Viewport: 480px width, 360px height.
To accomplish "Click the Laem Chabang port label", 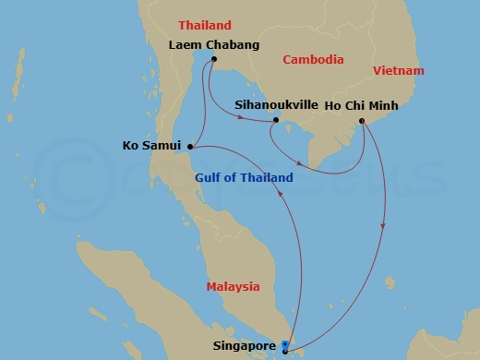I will (x=214, y=43).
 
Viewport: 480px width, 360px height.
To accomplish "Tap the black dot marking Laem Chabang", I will (x=213, y=61).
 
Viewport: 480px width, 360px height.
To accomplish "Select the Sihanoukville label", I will (x=275, y=105).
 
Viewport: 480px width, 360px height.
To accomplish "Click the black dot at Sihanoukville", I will (x=276, y=120).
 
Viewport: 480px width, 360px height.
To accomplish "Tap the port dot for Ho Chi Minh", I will (x=361, y=120).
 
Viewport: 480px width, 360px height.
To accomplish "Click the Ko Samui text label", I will (x=153, y=145).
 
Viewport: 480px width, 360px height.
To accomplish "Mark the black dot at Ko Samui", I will (x=190, y=145).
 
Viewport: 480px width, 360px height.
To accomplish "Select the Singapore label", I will (x=246, y=346).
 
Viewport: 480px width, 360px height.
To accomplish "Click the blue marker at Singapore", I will (x=285, y=346).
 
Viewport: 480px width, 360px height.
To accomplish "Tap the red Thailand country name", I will (x=204, y=25).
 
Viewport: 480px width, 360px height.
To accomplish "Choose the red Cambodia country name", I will (x=313, y=60).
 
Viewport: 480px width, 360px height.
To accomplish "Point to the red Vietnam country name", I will (x=398, y=71).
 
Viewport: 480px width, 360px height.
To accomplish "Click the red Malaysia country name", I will (x=233, y=286).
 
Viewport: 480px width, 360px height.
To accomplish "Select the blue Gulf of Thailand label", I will (x=244, y=177).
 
